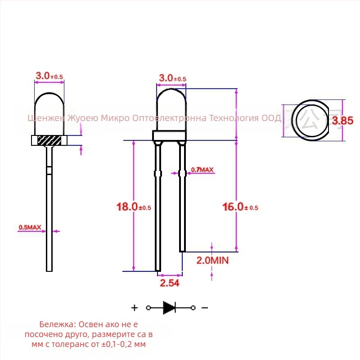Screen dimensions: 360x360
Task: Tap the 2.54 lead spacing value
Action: coord(169,283)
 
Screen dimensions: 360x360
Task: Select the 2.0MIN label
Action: coord(212,260)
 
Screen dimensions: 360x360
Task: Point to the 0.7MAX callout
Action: coord(202,170)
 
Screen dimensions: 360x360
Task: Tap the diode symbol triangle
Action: coord(169,308)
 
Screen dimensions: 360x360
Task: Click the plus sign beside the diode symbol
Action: coord(134,308)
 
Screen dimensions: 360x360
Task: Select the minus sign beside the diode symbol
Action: coord(204,308)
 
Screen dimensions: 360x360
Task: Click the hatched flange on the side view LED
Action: coord(49,140)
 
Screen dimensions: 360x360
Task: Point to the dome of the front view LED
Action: coord(171,108)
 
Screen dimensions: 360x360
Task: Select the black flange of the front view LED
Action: coord(169,136)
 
